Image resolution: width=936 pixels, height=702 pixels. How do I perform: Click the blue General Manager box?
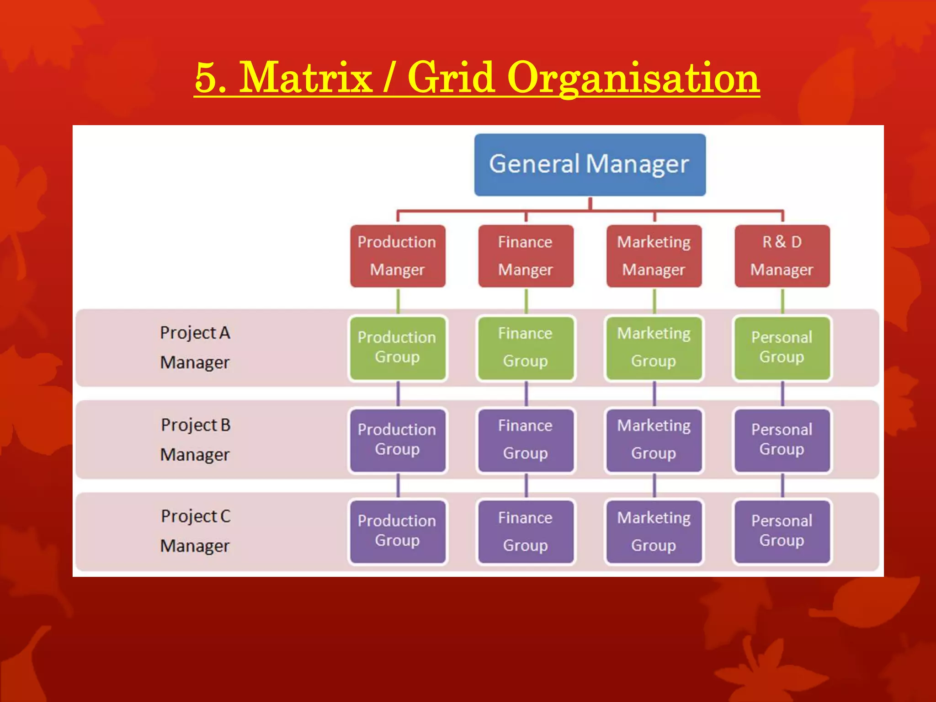590,165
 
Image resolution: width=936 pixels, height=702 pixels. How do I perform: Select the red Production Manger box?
397,256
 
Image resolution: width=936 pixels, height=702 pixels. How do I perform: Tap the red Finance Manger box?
526,256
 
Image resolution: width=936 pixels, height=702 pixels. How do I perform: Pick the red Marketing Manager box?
654,256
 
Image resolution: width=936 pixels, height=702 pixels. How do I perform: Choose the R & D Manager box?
782,256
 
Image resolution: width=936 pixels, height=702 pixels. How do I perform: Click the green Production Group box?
397,348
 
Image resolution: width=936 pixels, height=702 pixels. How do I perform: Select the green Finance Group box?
526,348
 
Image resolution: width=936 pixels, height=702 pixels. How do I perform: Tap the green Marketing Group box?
654,348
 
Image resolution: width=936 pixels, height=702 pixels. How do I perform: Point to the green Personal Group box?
782,348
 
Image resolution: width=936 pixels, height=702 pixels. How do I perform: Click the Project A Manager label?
195,347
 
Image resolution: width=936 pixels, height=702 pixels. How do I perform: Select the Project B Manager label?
195,440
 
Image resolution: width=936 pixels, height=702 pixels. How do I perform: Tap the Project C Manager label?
195,531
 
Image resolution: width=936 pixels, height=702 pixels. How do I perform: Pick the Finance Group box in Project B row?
526,440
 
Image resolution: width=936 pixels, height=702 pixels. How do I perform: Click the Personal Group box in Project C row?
782,532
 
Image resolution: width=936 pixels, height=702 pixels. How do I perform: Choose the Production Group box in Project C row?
397,532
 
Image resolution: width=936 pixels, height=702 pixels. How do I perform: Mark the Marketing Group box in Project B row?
654,440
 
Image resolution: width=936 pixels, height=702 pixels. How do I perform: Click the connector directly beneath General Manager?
590,203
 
